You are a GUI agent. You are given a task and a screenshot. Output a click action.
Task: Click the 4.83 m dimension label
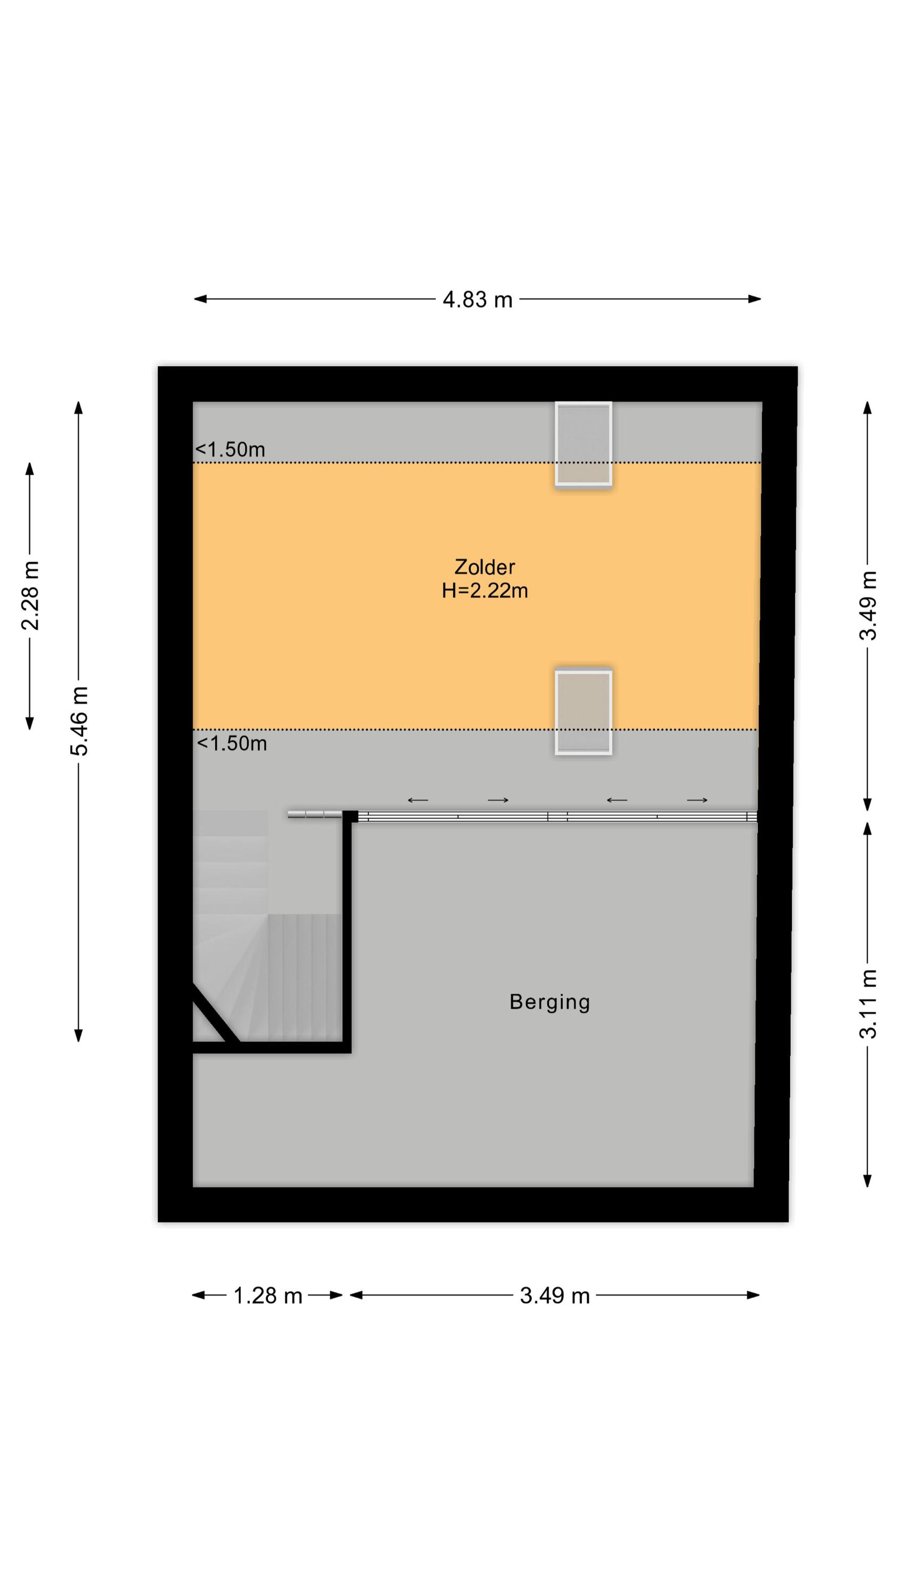[x=477, y=300]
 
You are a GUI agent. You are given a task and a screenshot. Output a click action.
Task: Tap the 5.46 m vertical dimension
[x=79, y=721]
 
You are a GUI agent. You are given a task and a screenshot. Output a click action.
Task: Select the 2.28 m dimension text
[x=30, y=595]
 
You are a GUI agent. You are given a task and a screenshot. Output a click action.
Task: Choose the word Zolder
[x=485, y=567]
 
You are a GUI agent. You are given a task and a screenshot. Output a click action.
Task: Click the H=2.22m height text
[x=485, y=591]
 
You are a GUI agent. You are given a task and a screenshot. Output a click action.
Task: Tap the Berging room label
[x=549, y=1002]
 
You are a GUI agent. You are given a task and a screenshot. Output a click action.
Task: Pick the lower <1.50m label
[x=232, y=743]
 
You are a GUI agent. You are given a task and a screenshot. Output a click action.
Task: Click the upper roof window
[x=583, y=444]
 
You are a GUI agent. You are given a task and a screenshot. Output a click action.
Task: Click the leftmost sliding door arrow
[x=418, y=800]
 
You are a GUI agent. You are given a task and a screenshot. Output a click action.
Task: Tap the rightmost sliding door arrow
[x=697, y=800]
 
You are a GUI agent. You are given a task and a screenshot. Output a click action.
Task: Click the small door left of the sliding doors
[x=315, y=815]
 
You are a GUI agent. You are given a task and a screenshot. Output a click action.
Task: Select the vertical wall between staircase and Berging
[x=348, y=935]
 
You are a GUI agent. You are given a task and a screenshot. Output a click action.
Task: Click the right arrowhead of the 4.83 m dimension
[x=755, y=299]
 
